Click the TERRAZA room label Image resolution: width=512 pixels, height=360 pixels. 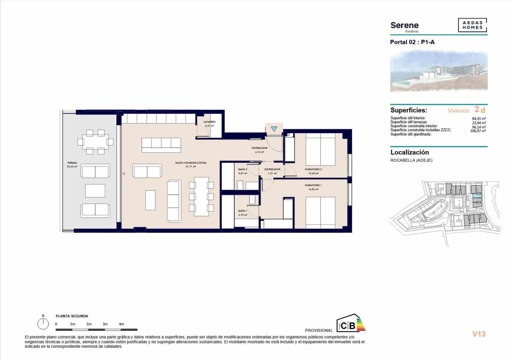pyautogui.click(x=72, y=163)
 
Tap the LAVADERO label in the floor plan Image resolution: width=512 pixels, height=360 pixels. pyautogui.click(x=210, y=122)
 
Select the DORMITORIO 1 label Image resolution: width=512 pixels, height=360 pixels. pyautogui.click(x=313, y=185)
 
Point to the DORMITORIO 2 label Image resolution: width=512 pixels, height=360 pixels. pyautogui.click(x=313, y=169)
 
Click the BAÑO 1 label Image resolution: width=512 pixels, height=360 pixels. pyautogui.click(x=243, y=211)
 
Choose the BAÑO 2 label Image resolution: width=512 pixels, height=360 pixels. pyautogui.click(x=243, y=169)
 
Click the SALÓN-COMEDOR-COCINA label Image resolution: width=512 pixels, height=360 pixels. pyautogui.click(x=191, y=163)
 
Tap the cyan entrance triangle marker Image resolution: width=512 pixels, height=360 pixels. pyautogui.click(x=274, y=129)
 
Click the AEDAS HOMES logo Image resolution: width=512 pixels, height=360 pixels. pyautogui.click(x=472, y=25)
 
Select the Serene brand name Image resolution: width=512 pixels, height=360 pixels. pyautogui.click(x=404, y=25)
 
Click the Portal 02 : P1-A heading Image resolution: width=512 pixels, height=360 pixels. pyautogui.click(x=412, y=42)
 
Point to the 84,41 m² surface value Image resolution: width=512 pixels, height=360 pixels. pyautogui.click(x=479, y=118)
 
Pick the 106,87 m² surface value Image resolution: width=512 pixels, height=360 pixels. pyautogui.click(x=478, y=131)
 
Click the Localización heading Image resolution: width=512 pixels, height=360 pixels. pyautogui.click(x=410, y=153)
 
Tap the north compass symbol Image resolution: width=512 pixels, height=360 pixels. pyautogui.click(x=43, y=324)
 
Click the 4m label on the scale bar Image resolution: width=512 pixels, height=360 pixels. pyautogui.click(x=121, y=324)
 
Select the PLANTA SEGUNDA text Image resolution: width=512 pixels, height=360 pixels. pyautogui.click(x=72, y=316)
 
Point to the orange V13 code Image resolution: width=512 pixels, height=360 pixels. pyautogui.click(x=479, y=334)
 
